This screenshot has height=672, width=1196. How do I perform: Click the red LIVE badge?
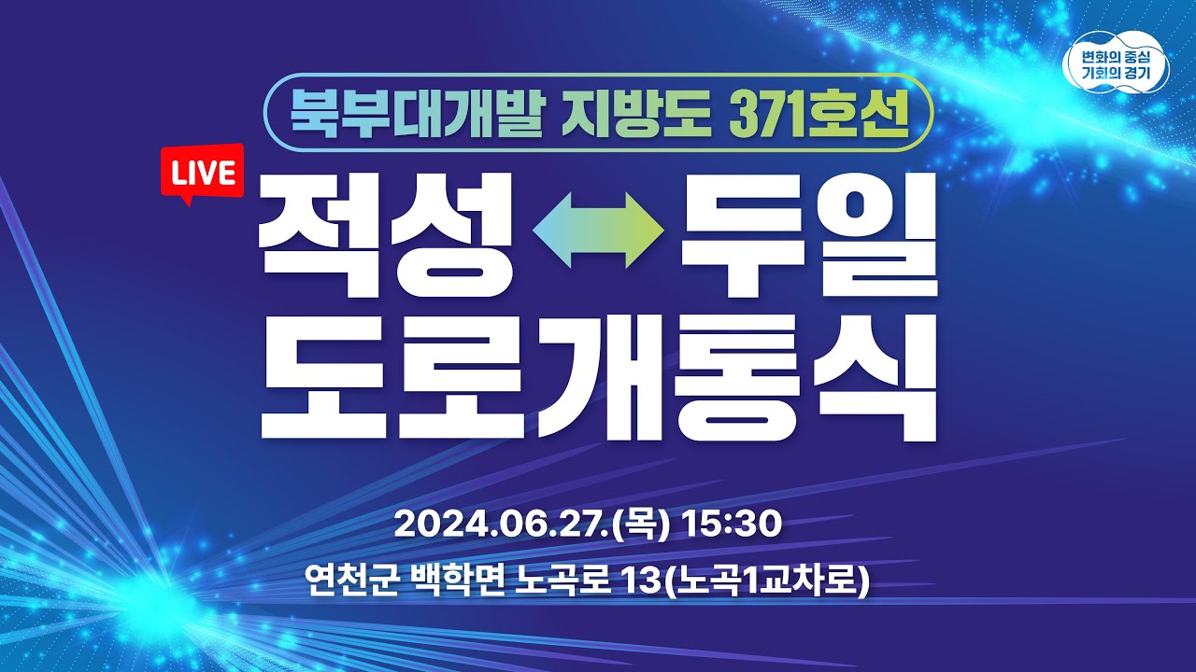202,172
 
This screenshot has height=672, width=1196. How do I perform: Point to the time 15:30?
731,525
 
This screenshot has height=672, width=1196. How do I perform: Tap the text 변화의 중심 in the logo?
1118,54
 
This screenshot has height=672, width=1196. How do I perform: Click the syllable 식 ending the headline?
878,383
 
